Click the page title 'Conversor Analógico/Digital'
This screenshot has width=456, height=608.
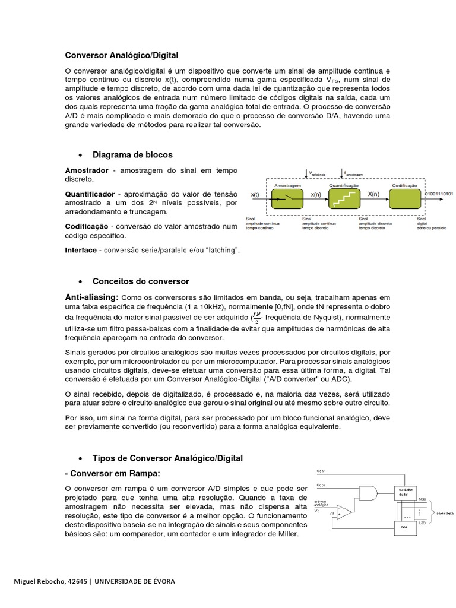(x=121, y=56)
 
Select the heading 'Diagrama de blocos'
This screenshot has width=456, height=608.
(x=132, y=155)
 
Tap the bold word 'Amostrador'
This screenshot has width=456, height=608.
(x=87, y=170)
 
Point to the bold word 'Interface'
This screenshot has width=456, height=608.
(x=81, y=251)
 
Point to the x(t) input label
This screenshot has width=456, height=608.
(x=255, y=194)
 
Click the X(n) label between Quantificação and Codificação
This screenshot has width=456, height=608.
(x=374, y=194)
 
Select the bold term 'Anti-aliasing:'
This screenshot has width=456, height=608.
(x=92, y=297)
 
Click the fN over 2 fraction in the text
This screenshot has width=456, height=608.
(x=256, y=318)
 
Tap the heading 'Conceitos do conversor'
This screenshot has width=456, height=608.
(x=141, y=281)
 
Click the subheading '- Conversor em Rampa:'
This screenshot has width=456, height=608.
(x=113, y=473)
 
